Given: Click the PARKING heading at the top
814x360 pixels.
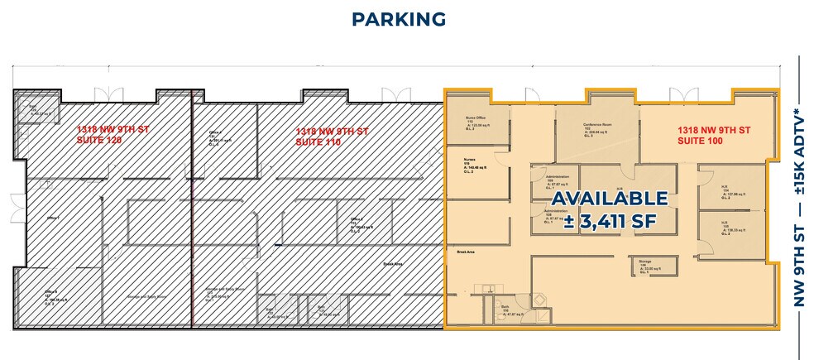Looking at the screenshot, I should point(399,19).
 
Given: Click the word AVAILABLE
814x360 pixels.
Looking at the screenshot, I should point(609,199).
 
